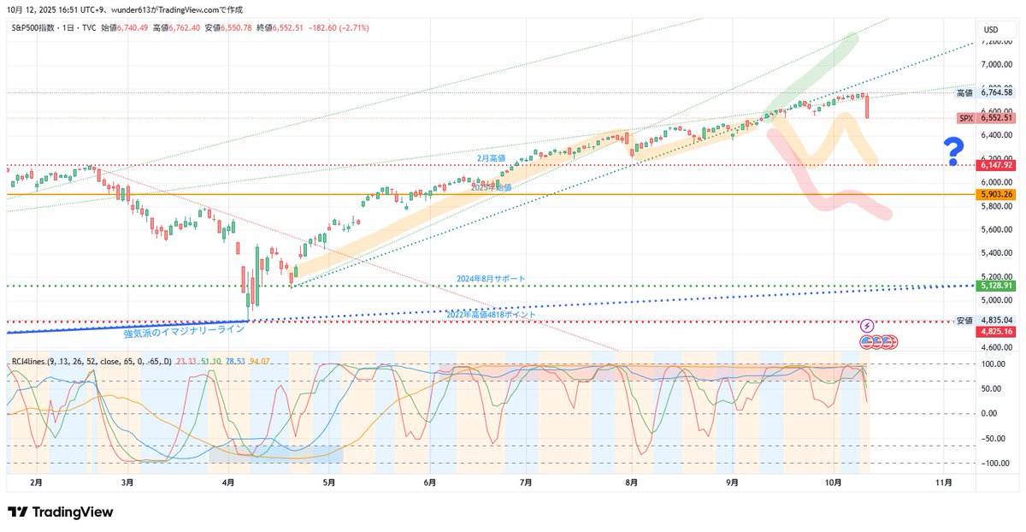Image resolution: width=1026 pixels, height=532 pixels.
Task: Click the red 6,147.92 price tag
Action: (x=996, y=165)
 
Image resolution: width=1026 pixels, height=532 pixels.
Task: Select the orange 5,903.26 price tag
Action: (x=996, y=195)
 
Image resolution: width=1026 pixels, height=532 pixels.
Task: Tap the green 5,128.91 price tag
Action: (x=996, y=286)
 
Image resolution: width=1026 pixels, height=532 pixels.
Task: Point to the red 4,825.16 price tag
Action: (x=996, y=331)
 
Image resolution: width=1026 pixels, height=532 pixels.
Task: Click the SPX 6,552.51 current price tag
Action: (x=985, y=118)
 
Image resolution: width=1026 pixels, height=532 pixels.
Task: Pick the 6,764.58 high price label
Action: (x=996, y=92)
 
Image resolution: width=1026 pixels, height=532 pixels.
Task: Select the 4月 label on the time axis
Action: (x=228, y=482)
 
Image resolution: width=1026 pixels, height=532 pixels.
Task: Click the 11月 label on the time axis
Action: (x=944, y=482)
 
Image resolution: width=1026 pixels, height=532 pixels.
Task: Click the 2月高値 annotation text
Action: (x=491, y=158)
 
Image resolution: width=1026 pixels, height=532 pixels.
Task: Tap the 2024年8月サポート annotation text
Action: (x=491, y=279)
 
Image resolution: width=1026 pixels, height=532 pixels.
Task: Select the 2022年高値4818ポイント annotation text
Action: (x=492, y=315)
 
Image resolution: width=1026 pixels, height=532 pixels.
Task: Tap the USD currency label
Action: (x=991, y=30)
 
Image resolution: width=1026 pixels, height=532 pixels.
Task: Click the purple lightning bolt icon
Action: (x=867, y=326)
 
